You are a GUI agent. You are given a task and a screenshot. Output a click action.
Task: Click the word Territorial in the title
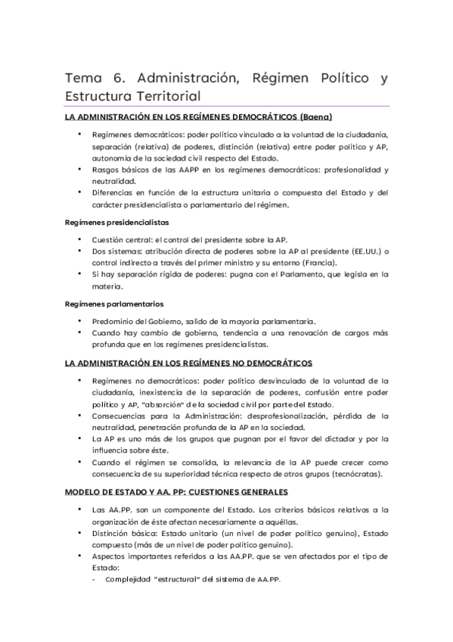click(x=163, y=96)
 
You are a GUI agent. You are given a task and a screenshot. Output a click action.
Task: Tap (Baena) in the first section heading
click(x=316, y=117)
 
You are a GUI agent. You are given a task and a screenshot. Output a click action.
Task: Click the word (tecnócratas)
click(x=355, y=474)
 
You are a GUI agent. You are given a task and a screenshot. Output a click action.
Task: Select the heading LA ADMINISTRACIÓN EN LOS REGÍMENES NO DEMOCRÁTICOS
click(x=188, y=363)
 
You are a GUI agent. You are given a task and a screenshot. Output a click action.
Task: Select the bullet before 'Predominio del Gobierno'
click(x=81, y=321)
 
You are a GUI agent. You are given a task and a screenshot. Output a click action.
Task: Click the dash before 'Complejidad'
click(x=92, y=580)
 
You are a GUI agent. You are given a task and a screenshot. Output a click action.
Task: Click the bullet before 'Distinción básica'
click(x=81, y=534)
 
